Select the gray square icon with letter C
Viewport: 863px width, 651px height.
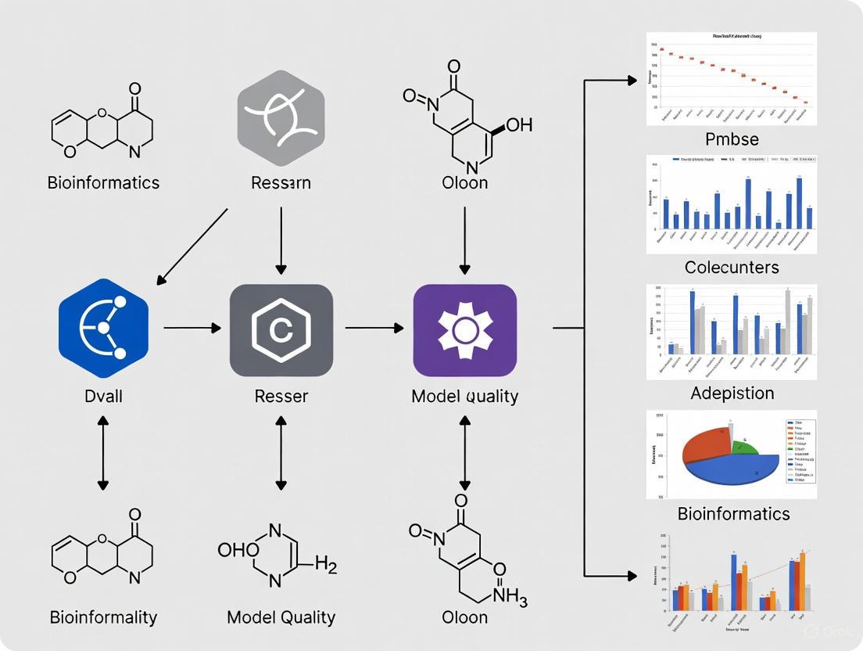click(x=281, y=330)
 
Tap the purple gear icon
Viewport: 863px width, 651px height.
click(x=464, y=329)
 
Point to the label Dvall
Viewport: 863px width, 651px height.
click(x=103, y=396)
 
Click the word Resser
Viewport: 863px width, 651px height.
click(x=281, y=396)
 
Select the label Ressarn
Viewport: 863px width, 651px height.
click(x=281, y=183)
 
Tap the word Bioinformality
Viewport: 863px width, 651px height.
click(x=103, y=617)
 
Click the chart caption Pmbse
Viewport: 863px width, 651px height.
click(x=731, y=139)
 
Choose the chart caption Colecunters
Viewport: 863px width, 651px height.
click(x=731, y=267)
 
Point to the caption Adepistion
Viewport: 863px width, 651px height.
click(x=732, y=393)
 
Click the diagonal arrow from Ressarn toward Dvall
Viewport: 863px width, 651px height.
click(x=192, y=245)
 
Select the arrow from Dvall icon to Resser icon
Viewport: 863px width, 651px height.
click(x=192, y=329)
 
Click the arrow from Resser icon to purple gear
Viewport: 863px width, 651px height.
click(x=374, y=329)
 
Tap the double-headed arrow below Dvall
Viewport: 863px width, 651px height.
click(x=103, y=454)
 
